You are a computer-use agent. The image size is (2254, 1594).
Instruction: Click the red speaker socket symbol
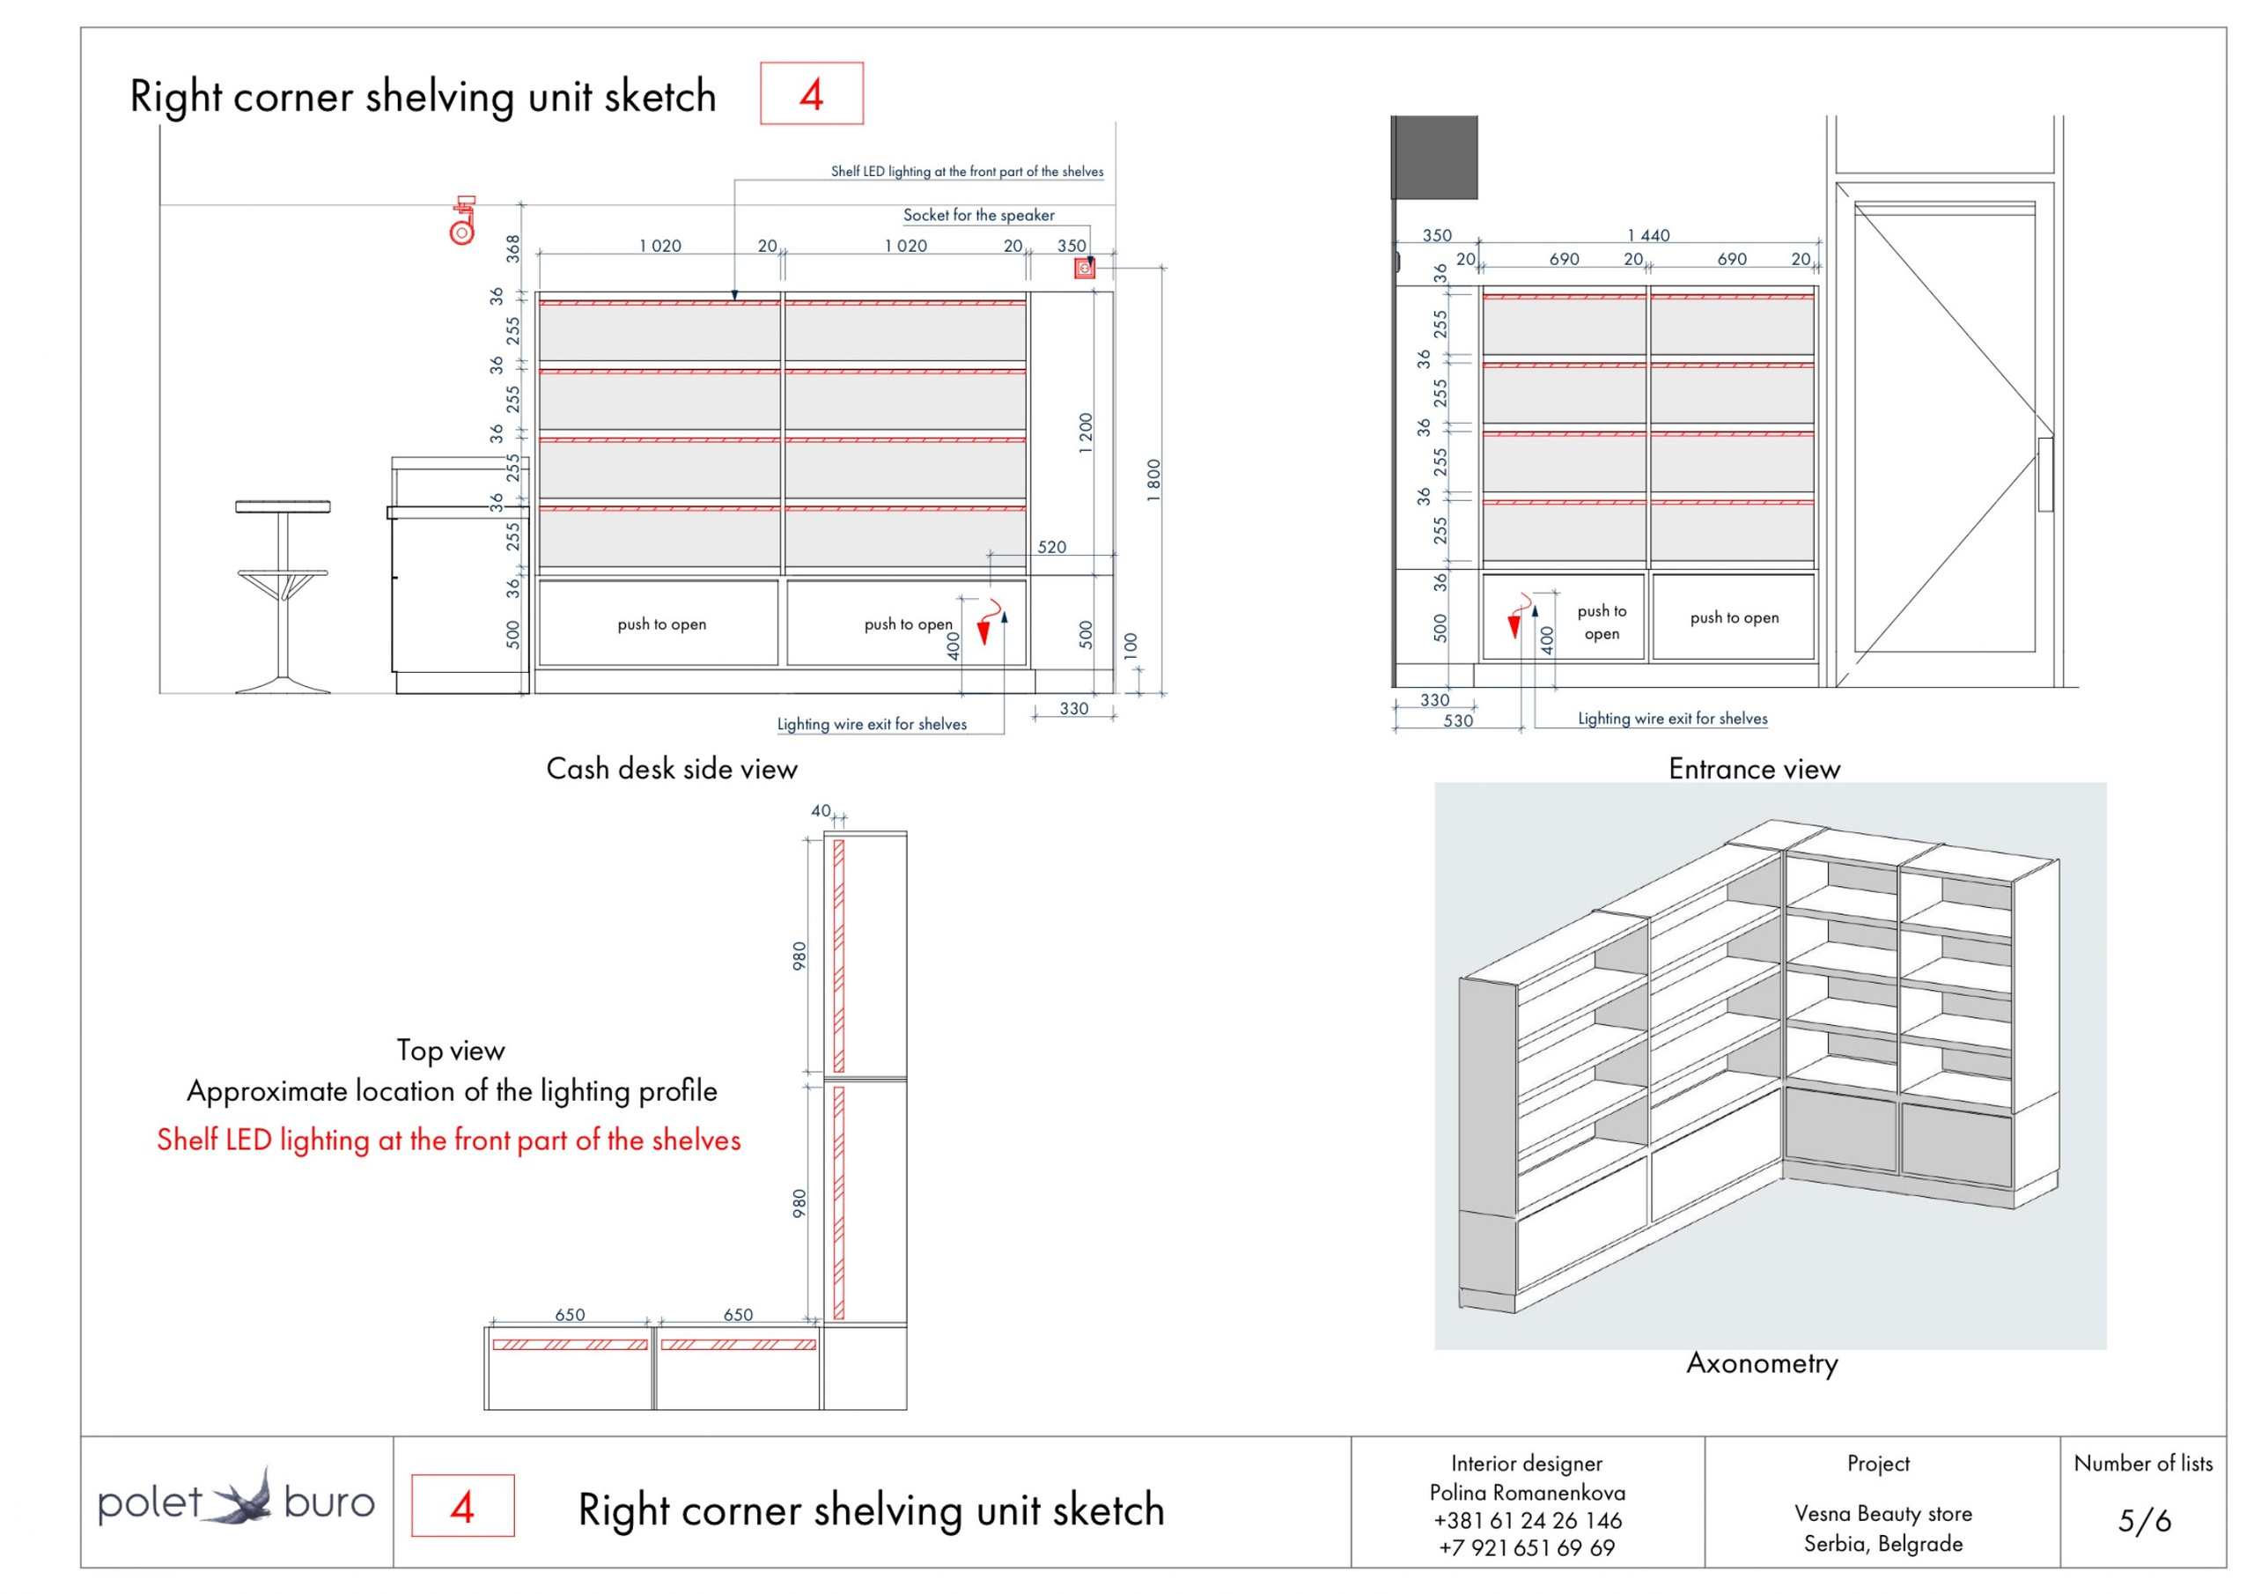pos(1084,268)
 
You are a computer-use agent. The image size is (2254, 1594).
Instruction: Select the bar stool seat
pos(283,506)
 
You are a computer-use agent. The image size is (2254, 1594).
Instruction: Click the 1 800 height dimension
pos(1153,480)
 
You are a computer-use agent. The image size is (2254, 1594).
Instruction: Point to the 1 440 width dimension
pos(1648,236)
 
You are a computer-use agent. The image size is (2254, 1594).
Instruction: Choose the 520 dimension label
pos(1051,547)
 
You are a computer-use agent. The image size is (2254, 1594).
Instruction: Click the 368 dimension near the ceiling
pos(512,247)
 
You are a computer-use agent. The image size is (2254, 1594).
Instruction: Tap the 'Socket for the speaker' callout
pos(979,215)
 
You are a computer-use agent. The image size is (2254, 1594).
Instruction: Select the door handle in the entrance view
pos(2046,475)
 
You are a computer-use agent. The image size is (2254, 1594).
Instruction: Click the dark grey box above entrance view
pos(1435,157)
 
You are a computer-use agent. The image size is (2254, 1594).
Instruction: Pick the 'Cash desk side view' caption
pos(672,769)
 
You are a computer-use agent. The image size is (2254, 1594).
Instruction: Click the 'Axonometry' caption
pos(1762,1363)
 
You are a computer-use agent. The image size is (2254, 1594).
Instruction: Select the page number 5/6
pos(2144,1520)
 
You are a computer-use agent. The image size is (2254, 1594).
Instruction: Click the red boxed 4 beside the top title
pos(811,94)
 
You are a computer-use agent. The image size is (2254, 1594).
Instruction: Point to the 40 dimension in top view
pos(821,811)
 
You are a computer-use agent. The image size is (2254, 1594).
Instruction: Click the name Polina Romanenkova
pos(1528,1493)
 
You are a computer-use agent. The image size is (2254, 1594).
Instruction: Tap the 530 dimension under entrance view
pos(1458,721)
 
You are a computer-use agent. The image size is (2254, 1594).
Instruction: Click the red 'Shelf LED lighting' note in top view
pos(449,1140)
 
